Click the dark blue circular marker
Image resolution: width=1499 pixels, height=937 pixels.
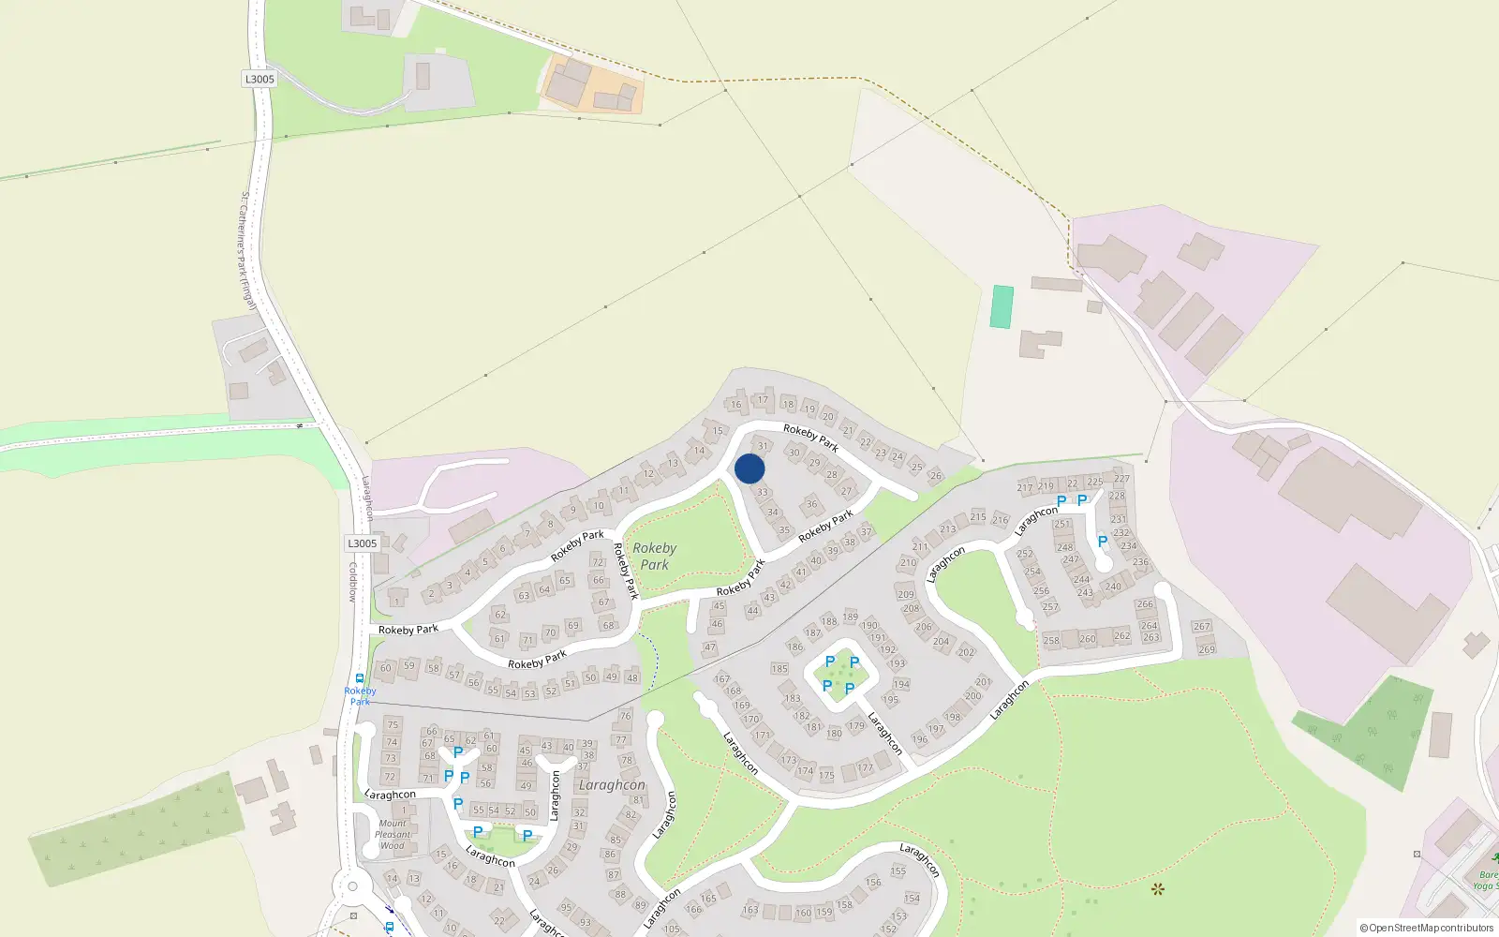[x=749, y=468]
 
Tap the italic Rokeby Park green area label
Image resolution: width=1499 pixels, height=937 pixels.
[x=654, y=556]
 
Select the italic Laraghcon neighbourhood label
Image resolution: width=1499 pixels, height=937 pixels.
[x=612, y=785]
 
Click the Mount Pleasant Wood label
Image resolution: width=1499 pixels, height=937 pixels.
[x=393, y=835]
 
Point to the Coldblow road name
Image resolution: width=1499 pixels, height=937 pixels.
[x=353, y=582]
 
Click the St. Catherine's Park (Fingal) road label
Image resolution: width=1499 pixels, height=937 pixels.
[x=247, y=250]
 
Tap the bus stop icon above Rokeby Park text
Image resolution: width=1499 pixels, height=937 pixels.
[x=360, y=678]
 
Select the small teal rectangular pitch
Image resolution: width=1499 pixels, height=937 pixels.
[x=1002, y=306]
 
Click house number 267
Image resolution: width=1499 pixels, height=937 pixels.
[x=1202, y=626]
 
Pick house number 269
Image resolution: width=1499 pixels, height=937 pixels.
[x=1207, y=648]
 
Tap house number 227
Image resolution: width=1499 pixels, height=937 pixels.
[x=1121, y=478]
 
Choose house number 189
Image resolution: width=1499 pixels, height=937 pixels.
[x=850, y=617]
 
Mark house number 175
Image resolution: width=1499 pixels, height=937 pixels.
[x=826, y=775]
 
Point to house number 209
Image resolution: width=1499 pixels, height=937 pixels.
[x=905, y=594]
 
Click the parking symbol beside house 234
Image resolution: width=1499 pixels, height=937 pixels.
[x=1103, y=542]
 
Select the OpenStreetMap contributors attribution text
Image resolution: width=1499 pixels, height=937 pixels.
[x=1427, y=928]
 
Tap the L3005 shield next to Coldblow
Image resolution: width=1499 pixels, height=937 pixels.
[x=363, y=543]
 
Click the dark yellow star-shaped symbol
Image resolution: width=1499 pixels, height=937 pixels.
[x=1158, y=888]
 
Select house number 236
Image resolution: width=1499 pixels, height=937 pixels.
[x=1140, y=562]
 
